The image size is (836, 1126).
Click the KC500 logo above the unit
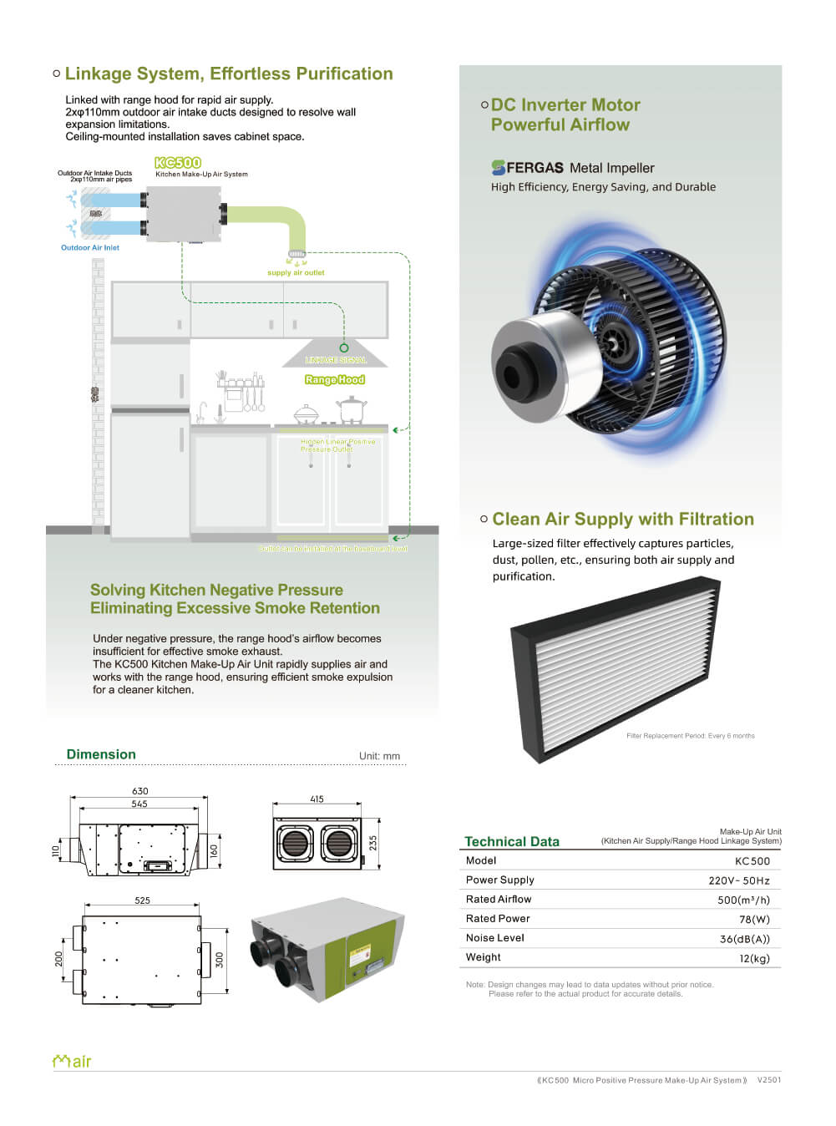click(x=178, y=163)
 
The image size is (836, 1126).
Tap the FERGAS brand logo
click(x=527, y=167)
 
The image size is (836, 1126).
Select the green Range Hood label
click(x=334, y=379)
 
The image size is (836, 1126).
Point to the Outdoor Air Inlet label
click(x=90, y=247)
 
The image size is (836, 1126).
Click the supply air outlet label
click(x=296, y=272)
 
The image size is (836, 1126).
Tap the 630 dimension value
click(x=139, y=790)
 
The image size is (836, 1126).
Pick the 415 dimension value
click(x=317, y=799)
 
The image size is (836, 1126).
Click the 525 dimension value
click(x=142, y=900)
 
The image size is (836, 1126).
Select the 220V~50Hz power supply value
click(x=739, y=880)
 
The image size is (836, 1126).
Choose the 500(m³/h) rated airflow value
click(x=743, y=900)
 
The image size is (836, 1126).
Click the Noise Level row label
click(x=495, y=938)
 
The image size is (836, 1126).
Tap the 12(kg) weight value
click(x=754, y=958)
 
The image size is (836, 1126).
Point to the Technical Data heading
click(x=512, y=841)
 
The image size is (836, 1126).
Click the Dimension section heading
click(x=101, y=754)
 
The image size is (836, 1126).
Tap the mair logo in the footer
click(x=72, y=1061)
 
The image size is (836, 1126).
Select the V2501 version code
click(x=769, y=1080)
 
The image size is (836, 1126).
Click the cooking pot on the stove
click(x=352, y=409)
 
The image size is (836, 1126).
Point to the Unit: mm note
click(x=379, y=756)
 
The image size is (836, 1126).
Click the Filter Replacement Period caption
click(x=690, y=736)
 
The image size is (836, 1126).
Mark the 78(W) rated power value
click(x=754, y=919)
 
